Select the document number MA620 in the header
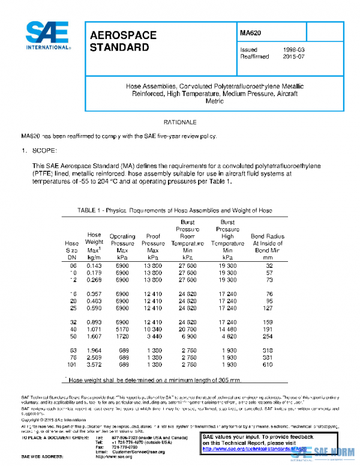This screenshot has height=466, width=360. point(251,34)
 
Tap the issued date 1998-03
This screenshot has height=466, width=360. point(294,50)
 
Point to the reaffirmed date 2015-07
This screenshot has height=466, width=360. point(294,57)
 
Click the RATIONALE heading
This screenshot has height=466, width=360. point(180,121)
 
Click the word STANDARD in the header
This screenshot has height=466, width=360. point(119,47)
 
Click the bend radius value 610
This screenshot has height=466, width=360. point(269,364)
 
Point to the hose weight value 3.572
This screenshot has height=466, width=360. point(94,364)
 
